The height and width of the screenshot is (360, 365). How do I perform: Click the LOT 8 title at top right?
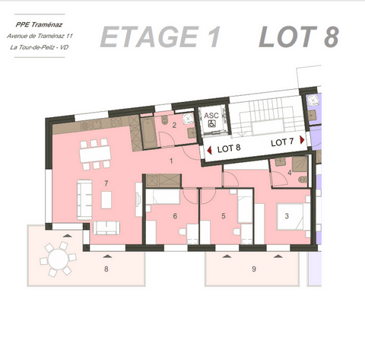click(297, 37)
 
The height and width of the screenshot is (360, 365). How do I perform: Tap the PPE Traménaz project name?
click(36, 24)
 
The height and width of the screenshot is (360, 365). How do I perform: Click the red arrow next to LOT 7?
click(302, 142)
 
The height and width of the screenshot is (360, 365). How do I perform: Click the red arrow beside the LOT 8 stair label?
click(209, 150)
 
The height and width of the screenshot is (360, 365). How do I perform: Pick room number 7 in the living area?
click(106, 183)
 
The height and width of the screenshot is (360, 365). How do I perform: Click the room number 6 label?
click(175, 216)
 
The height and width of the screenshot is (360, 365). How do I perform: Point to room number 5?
click(224, 216)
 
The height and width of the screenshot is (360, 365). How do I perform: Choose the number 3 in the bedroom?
click(287, 216)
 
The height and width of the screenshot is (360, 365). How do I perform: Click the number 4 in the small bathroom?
click(290, 173)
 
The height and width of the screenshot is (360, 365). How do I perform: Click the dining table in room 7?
click(94, 155)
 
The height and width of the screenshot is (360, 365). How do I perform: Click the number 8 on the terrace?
click(106, 269)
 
